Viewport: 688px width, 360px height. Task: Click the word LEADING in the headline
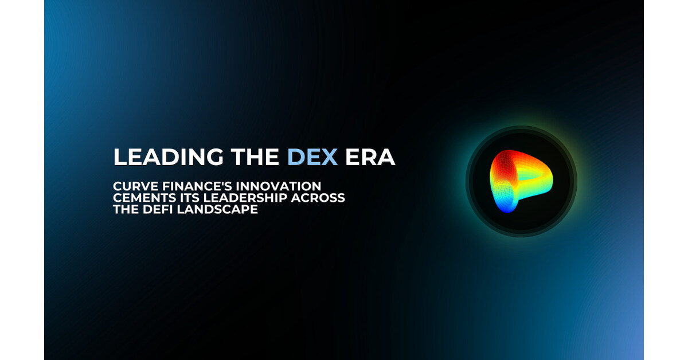(169, 157)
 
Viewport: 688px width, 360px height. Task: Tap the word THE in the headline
(255, 157)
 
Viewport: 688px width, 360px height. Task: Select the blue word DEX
(312, 157)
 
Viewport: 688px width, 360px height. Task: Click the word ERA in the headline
(370, 157)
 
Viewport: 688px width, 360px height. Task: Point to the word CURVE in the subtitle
(136, 186)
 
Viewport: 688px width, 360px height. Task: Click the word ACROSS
(318, 198)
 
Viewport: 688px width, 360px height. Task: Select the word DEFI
(158, 209)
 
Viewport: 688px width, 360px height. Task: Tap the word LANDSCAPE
(217, 209)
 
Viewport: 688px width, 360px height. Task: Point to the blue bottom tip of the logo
(506, 211)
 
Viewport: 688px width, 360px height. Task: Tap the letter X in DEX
(329, 157)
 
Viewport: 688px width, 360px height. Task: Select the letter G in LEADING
(214, 157)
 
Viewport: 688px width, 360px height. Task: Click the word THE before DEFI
(126, 209)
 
